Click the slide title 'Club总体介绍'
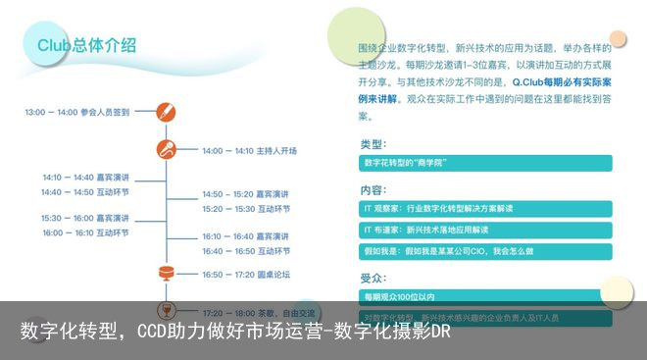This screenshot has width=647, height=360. [86, 45]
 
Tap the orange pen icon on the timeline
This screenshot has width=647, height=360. [167, 112]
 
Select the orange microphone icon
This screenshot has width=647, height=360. [167, 150]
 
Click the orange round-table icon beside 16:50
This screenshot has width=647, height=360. [167, 273]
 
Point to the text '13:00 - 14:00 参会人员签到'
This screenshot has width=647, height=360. [77, 113]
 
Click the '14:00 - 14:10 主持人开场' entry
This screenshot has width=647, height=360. [249, 151]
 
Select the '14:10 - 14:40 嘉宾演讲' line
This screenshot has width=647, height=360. [85, 178]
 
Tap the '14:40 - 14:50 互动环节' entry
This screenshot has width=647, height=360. [84, 192]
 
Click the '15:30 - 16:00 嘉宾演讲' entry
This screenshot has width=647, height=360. [84, 218]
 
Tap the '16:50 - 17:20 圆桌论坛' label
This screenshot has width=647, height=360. [246, 275]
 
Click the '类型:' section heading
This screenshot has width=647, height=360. [373, 145]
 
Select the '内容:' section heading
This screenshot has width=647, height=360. [373, 190]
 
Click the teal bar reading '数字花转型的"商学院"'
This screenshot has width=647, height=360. [486, 163]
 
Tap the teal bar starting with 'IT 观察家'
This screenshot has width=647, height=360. [486, 209]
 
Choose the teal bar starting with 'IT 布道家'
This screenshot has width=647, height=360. [486, 230]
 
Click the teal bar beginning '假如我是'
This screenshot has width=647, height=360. [486, 251]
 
